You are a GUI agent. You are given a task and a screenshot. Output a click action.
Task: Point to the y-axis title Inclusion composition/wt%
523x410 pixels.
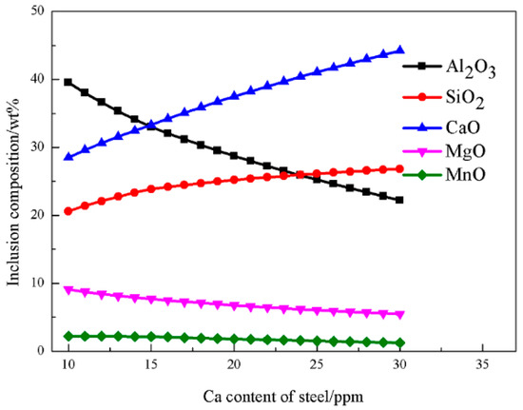coord(12,181)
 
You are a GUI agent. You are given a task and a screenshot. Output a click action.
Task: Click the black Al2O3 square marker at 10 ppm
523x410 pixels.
coord(68,82)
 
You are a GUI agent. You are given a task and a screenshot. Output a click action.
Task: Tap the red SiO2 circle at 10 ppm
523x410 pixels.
coord(68,211)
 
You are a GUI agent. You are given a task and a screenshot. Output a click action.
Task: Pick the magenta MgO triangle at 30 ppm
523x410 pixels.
coord(399,315)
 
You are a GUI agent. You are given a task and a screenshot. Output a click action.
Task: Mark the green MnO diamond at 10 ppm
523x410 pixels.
coord(68,336)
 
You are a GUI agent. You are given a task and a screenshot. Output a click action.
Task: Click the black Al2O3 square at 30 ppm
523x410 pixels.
coord(399,200)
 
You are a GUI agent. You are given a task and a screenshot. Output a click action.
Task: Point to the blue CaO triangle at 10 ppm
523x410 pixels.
coord(68,156)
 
